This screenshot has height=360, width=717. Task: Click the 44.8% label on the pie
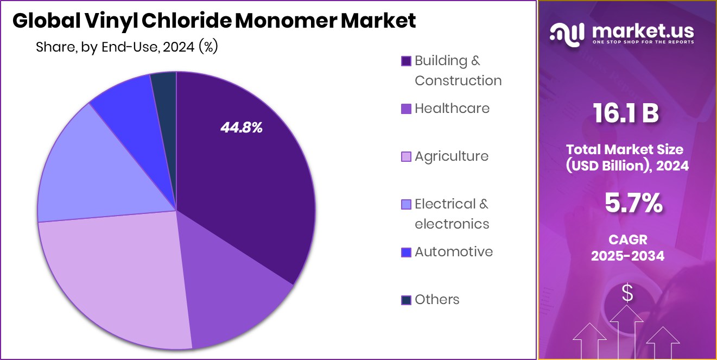(x=241, y=128)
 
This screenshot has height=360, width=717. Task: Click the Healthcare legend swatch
(x=406, y=109)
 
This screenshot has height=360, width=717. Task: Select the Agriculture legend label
(x=452, y=156)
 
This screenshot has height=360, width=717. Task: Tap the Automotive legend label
(x=454, y=252)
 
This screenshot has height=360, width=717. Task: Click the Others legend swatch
(x=406, y=300)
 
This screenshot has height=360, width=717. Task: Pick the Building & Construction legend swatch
(x=406, y=61)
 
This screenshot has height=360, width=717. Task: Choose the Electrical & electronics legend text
(x=452, y=214)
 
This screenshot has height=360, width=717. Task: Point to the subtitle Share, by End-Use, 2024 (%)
(x=126, y=47)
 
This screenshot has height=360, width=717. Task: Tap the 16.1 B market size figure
(x=626, y=114)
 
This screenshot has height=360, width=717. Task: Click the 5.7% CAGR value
(x=633, y=204)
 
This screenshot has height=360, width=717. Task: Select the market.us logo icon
(x=568, y=33)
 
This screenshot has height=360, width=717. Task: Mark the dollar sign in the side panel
(x=627, y=294)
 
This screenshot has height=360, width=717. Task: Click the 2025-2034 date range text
(x=627, y=256)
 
